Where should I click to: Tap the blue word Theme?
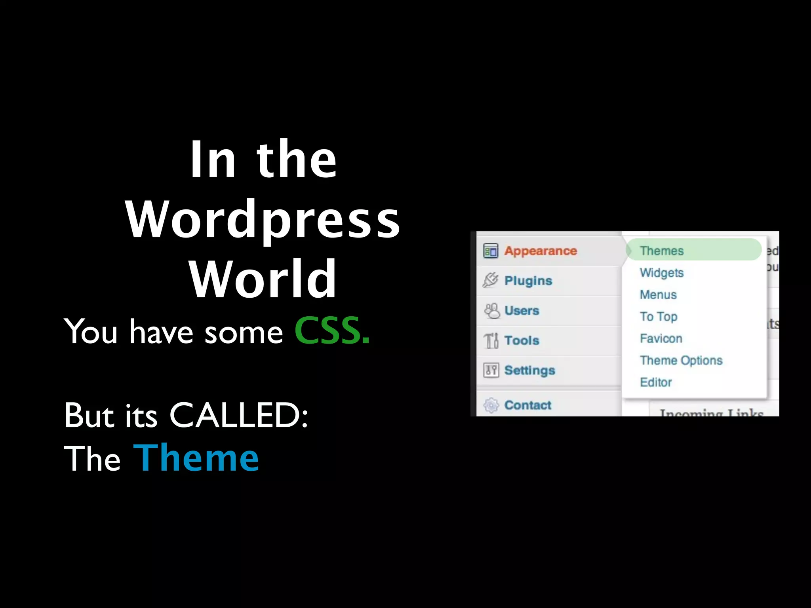coord(196,458)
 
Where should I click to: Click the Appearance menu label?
coord(540,251)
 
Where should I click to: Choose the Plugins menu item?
coord(528,281)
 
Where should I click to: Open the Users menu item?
coord(522,311)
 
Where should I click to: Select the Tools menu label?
coord(522,340)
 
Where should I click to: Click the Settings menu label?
coord(529,370)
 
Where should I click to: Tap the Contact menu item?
coord(527,405)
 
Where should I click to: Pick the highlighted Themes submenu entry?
coord(662,251)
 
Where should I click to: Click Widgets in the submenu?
coord(661,273)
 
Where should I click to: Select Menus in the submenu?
coord(658,294)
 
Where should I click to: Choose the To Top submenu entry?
coord(659,317)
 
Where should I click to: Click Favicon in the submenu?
coord(661,338)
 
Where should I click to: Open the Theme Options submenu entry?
coord(681,360)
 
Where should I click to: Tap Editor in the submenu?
coord(656,382)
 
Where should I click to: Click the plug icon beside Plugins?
coord(491,280)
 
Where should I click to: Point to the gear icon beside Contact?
coord(491,405)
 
